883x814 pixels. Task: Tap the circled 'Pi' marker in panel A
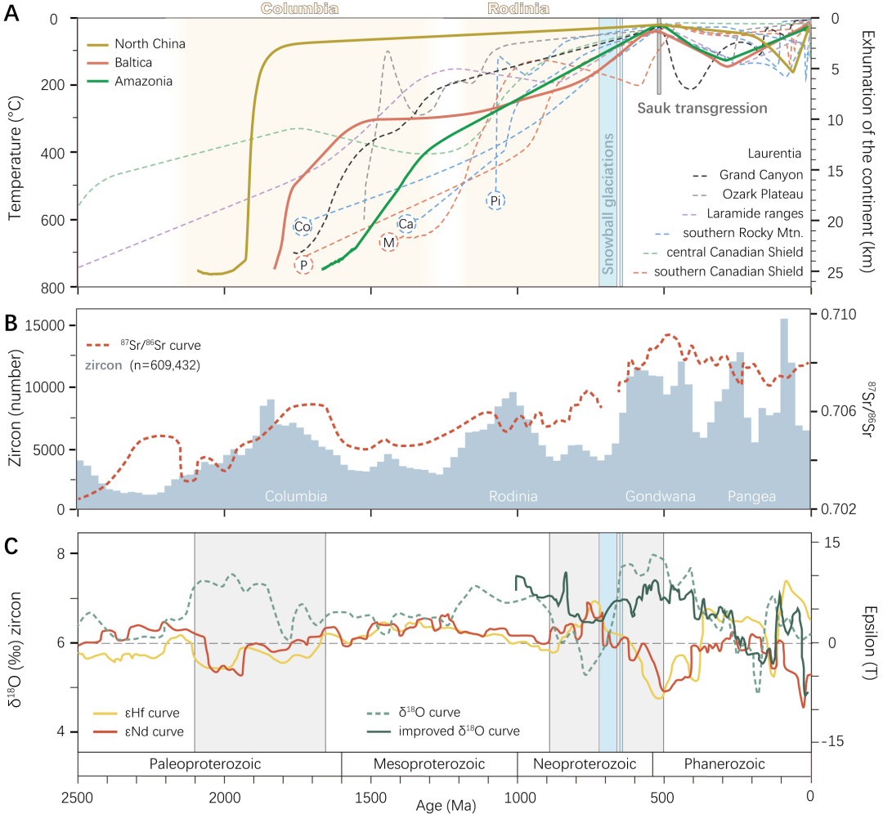click(495, 200)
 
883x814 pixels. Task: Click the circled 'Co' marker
click(303, 226)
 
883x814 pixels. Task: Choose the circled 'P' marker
click(303, 265)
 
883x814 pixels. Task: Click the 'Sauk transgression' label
click(702, 108)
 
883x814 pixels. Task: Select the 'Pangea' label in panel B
click(752, 497)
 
